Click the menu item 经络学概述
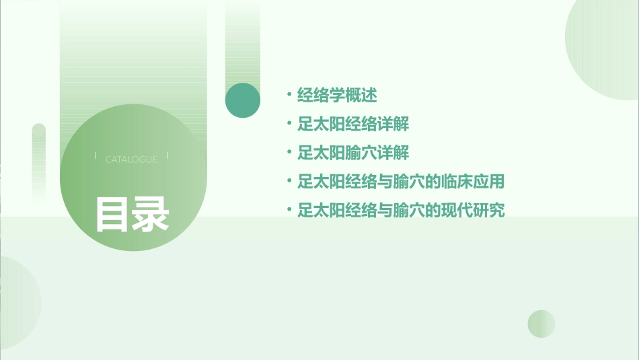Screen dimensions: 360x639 pos(337,96)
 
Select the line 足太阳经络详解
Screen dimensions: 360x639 pos(353,124)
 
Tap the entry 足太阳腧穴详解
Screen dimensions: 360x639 pos(353,153)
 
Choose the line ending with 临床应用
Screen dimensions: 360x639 pos(401,182)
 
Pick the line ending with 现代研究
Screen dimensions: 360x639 pos(401,211)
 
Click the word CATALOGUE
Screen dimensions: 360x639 pos(131,159)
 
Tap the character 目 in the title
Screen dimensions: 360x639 pos(112,215)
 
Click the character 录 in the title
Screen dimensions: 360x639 pos(151,215)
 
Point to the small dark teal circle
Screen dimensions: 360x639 pos(243,100)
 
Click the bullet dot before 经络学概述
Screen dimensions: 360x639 pos(288,95)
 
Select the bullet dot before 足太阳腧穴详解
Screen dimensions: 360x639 pos(288,152)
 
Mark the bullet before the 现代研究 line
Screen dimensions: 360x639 pos(288,210)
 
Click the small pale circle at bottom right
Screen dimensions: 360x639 pos(541,324)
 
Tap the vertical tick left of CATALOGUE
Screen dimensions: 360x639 pos(96,156)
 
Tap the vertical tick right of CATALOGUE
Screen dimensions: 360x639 pos(167,156)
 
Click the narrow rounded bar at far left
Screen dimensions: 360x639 pos(39,161)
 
